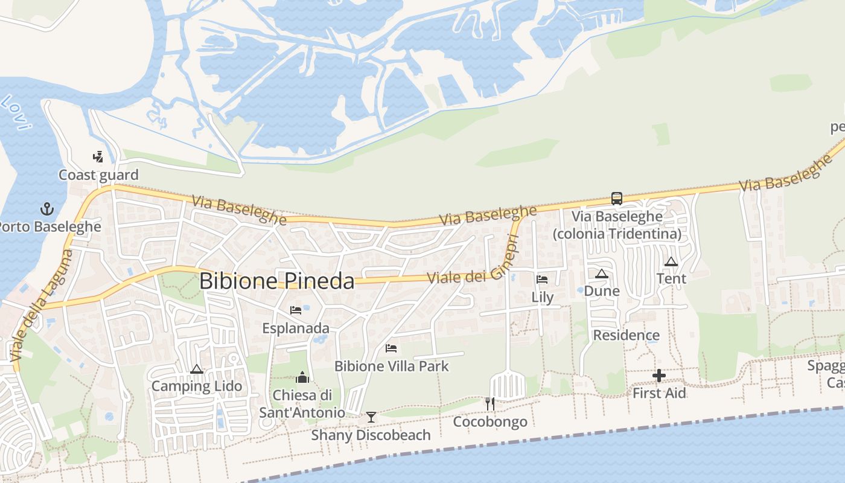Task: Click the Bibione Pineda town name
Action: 276,281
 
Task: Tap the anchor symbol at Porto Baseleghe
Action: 47,210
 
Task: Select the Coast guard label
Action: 98,175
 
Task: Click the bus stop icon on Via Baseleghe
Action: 616,198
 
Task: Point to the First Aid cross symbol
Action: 658,376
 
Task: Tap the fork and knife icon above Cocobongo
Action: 490,403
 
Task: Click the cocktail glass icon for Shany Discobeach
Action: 371,417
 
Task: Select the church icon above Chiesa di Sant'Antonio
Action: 302,378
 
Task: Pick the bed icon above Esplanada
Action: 296,310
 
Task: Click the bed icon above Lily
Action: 542,280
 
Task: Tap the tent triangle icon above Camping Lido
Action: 196,369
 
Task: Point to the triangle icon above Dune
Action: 601,273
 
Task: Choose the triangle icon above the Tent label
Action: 671,261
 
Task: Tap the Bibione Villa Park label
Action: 392,366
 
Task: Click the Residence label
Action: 627,335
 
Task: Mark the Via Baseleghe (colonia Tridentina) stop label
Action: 617,225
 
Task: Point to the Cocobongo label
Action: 490,421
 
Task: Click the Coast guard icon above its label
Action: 98,157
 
